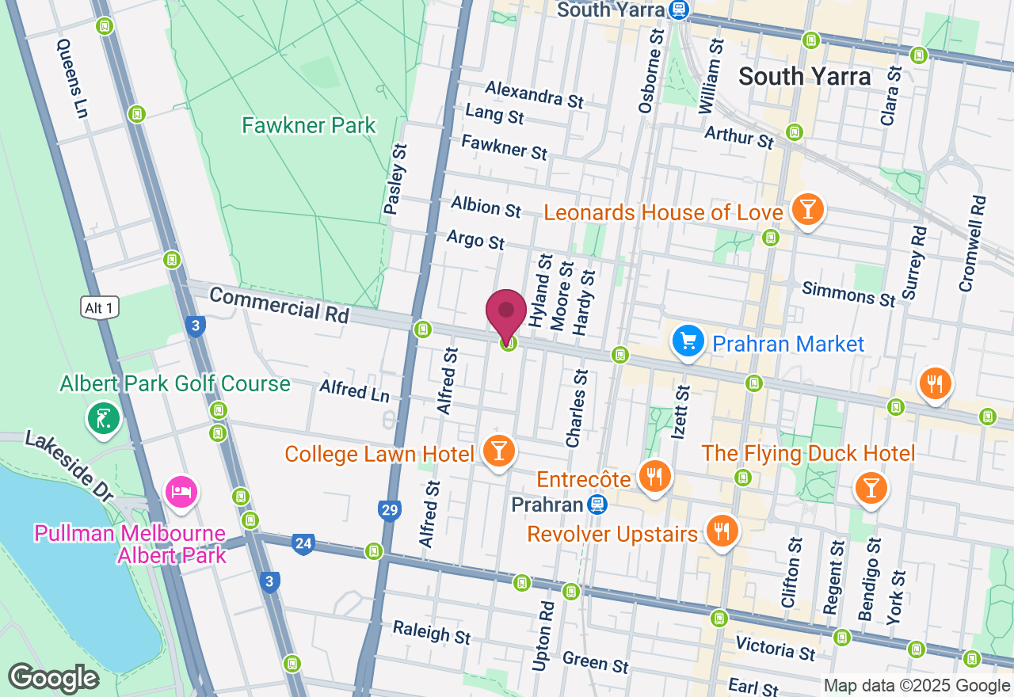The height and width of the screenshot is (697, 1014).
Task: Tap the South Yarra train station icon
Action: (678, 10)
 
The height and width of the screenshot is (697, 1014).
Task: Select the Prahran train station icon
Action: (597, 505)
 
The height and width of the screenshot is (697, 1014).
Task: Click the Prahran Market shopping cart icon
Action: (688, 341)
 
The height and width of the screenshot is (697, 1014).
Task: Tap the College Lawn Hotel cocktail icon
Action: (498, 451)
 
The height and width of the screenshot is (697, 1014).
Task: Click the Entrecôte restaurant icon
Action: (654, 476)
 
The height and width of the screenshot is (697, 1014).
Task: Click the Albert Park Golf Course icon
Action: (103, 417)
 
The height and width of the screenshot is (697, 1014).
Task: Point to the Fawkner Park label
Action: (308, 125)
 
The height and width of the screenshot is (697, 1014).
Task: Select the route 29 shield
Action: (389, 510)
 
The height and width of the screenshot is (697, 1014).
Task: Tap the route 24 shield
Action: (302, 544)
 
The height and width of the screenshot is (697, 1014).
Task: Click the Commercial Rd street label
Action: (280, 304)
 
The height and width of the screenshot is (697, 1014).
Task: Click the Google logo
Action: (53, 678)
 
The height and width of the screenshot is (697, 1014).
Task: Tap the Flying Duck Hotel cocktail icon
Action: (871, 487)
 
